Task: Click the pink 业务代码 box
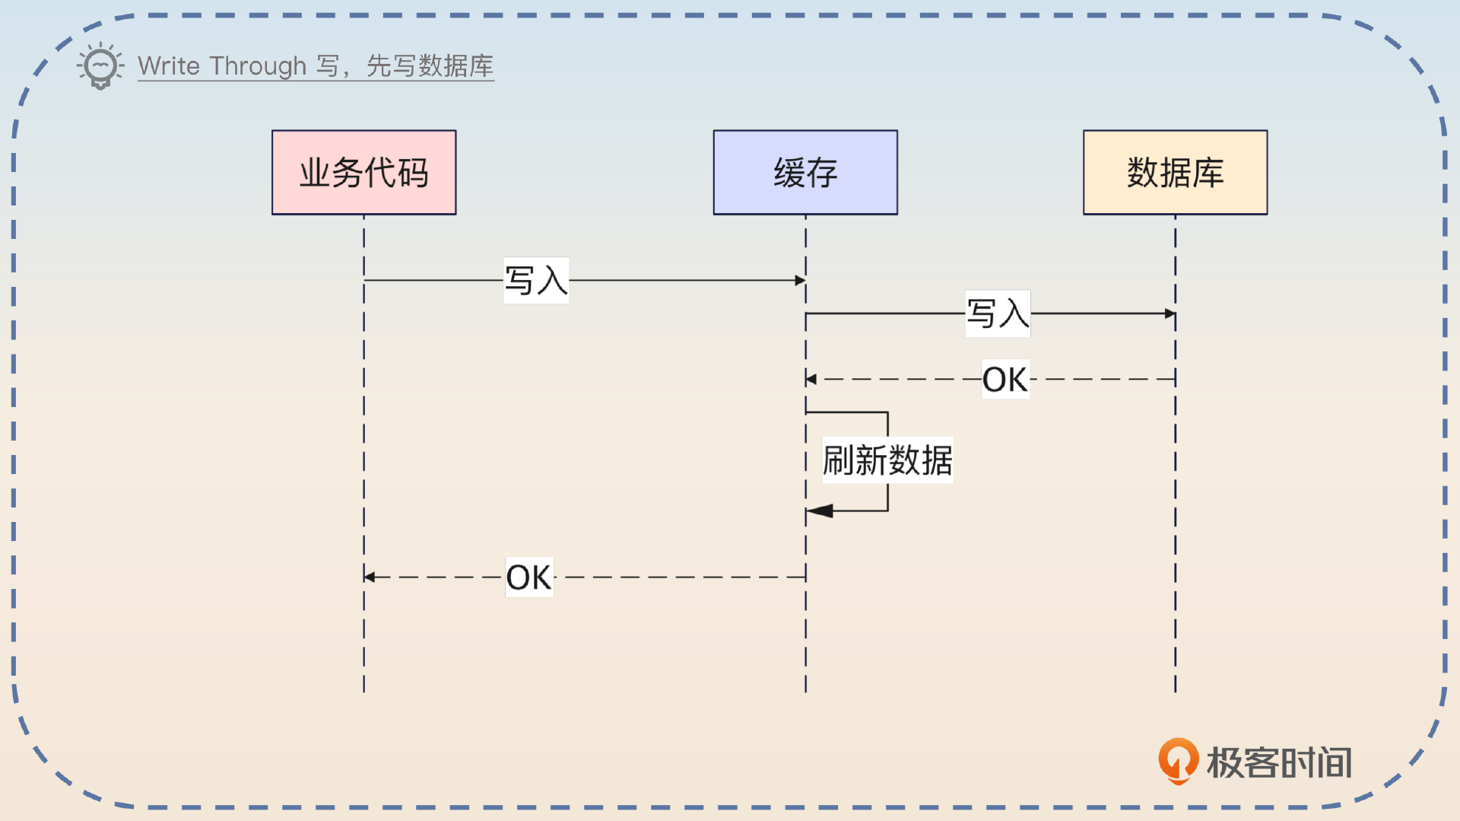363,172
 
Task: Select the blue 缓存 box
805,172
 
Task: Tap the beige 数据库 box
1175,172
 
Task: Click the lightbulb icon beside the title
100,66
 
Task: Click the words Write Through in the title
221,66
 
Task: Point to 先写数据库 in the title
430,66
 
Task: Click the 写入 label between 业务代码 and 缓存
536,281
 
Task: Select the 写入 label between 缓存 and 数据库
998,313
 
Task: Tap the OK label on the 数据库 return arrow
1005,380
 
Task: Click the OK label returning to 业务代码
529,578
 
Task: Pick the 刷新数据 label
887,460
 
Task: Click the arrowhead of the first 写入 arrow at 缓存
800,281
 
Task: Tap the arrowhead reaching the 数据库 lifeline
1170,313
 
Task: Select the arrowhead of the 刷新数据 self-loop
820,511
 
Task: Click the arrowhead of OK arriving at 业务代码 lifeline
370,578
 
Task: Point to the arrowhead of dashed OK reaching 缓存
811,379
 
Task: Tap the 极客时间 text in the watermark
1279,762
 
